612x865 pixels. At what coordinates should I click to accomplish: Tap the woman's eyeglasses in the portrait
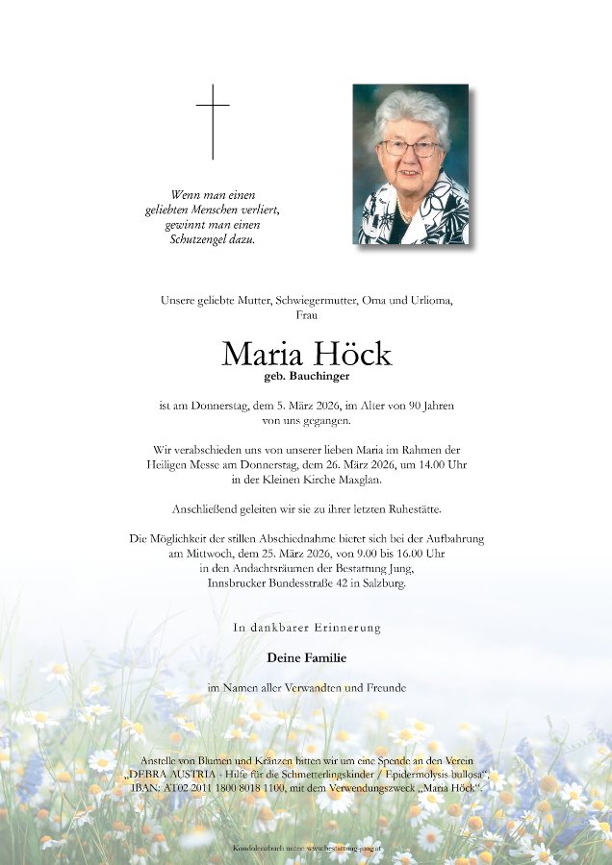(410, 149)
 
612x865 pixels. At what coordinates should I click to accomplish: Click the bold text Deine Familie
(306, 657)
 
